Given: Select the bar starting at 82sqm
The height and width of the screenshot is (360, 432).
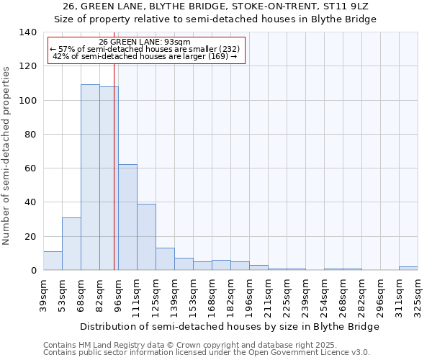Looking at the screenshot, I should pyautogui.click(x=108, y=179).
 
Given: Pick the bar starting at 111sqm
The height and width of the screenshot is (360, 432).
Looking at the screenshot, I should pyautogui.click(x=146, y=237).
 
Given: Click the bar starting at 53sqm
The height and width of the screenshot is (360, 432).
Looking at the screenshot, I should pyautogui.click(x=71, y=243).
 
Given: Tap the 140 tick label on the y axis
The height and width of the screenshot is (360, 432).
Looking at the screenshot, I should pyautogui.click(x=27, y=32).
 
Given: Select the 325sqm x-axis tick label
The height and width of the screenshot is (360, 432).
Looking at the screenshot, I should pyautogui.click(x=418, y=295).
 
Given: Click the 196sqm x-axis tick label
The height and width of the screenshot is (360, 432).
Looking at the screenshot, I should pyautogui.click(x=249, y=295).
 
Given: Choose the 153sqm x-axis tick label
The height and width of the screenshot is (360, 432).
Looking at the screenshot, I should pyautogui.click(x=193, y=295).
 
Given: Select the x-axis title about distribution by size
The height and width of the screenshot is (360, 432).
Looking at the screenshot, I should pyautogui.click(x=229, y=326).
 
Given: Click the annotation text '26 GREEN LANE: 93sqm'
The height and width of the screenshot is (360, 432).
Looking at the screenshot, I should pyautogui.click(x=145, y=42).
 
